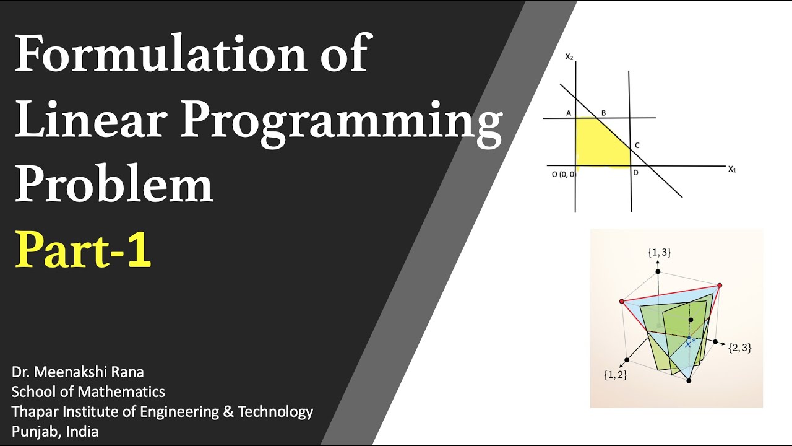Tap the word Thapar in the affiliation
[x=32, y=411]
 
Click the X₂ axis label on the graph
[x=569, y=56]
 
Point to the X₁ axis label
[x=732, y=168]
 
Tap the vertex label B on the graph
[x=603, y=113]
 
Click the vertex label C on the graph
[x=637, y=146]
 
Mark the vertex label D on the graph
[x=635, y=173]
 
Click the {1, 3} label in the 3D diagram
[x=659, y=252]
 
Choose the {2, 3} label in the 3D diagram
[x=739, y=348]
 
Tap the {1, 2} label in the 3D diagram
[x=615, y=374]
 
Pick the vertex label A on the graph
[x=568, y=113]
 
